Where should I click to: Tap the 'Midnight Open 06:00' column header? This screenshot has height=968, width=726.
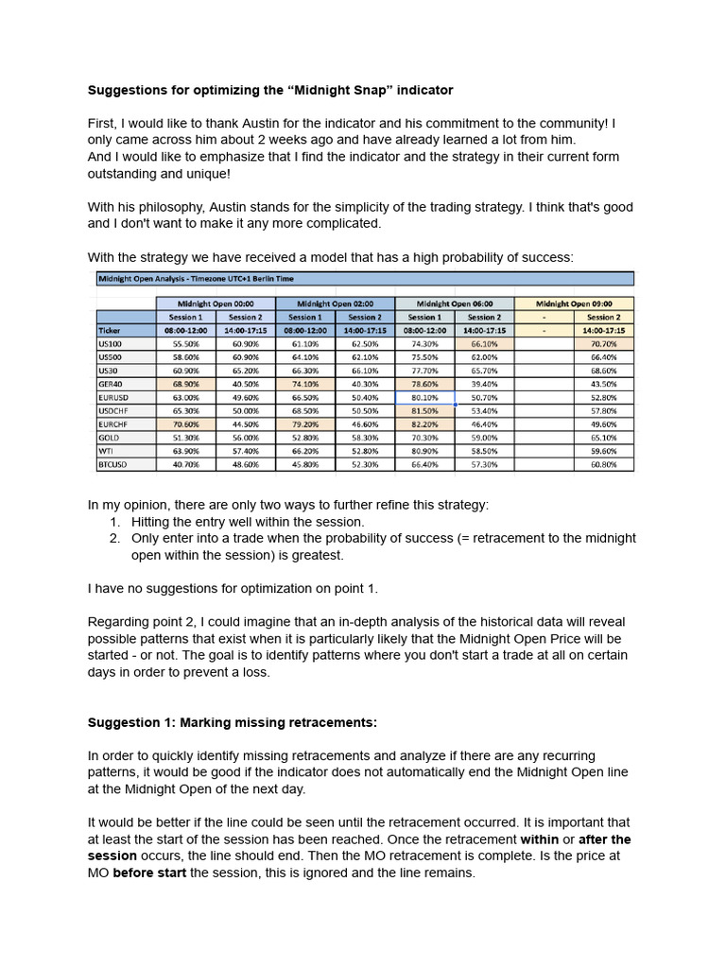(x=453, y=303)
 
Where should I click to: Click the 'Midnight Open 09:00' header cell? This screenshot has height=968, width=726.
(x=574, y=303)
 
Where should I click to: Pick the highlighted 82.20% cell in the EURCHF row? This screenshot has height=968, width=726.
(x=423, y=424)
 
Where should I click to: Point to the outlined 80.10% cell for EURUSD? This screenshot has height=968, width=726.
(x=423, y=398)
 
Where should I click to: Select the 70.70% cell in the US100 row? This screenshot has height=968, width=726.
(x=602, y=344)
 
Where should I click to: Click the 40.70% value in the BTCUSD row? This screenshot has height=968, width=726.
(x=184, y=465)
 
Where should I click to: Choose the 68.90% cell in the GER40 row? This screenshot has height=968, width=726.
(x=184, y=384)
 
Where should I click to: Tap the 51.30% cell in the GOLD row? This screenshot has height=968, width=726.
(x=184, y=439)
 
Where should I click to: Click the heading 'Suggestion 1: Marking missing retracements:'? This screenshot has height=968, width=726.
(x=232, y=722)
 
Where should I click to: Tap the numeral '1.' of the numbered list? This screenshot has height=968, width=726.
(x=115, y=521)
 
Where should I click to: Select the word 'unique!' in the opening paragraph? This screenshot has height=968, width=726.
(x=199, y=174)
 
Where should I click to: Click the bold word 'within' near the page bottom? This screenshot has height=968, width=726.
(x=542, y=838)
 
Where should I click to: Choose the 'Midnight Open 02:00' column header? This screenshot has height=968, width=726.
(x=334, y=303)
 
